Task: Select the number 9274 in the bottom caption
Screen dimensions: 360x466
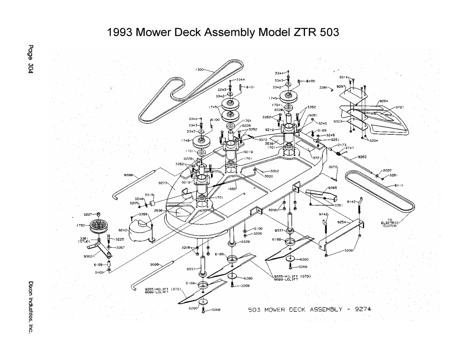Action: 362,309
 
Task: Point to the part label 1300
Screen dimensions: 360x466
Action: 199,69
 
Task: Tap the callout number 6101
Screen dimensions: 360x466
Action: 252,87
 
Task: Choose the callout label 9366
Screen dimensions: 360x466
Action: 332,188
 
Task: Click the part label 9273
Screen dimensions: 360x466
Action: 163,183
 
